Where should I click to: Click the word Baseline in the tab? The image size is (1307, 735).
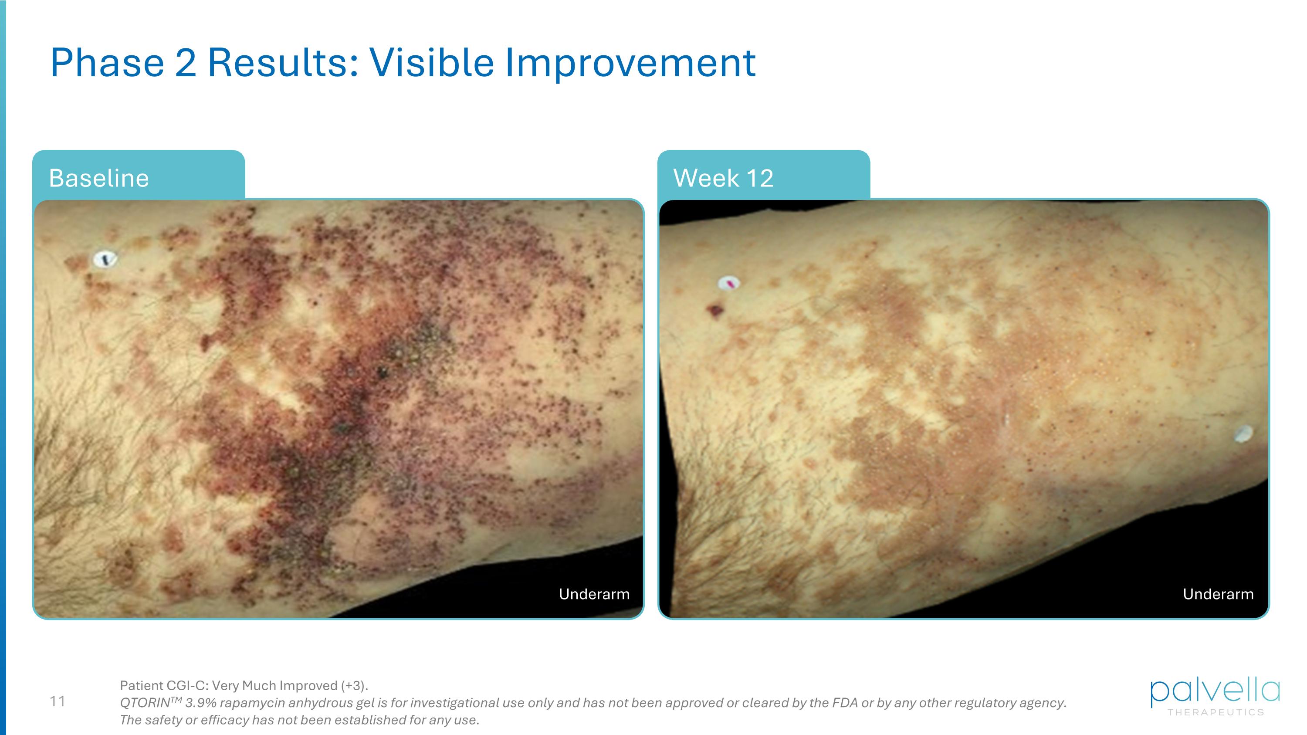99,178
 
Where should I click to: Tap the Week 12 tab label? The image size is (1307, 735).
723,178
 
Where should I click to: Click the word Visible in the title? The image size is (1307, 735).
431,63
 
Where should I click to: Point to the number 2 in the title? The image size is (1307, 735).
185,63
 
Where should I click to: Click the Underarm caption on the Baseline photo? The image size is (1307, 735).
594,594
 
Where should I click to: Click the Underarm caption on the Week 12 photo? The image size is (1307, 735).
1218,594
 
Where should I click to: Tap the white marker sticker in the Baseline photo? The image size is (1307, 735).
105,259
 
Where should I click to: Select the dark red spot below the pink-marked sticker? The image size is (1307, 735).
716,309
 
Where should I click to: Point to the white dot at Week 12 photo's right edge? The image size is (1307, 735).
1243,434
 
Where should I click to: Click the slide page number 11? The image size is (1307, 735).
58,701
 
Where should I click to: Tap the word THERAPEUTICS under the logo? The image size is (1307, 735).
1215,713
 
